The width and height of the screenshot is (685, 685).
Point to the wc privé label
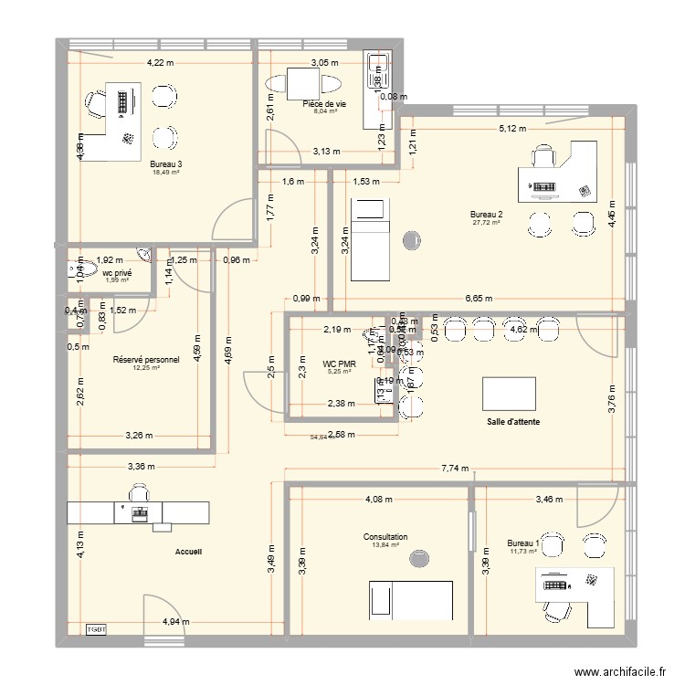click(116, 272)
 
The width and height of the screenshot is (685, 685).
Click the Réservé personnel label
click(146, 360)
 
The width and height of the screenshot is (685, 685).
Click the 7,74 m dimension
click(454, 468)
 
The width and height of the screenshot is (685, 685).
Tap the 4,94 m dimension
click(176, 622)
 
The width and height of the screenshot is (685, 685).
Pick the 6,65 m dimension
click(477, 298)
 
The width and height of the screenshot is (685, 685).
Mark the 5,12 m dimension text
click(512, 129)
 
